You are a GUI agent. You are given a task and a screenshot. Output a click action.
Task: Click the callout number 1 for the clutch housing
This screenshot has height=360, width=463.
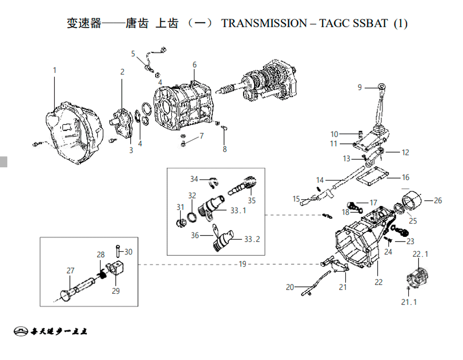[x=54, y=70]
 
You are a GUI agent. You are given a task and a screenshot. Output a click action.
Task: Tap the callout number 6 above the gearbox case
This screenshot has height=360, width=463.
[x=194, y=65]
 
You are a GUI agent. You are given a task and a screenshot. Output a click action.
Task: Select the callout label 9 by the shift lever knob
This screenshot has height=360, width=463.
[x=359, y=87]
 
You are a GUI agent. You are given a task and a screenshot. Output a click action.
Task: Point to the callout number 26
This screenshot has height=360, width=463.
[x=438, y=201]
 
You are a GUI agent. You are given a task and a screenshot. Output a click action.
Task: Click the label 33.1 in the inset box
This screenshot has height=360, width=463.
[x=238, y=211]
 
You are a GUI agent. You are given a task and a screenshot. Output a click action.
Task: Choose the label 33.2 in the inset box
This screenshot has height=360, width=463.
[x=252, y=239]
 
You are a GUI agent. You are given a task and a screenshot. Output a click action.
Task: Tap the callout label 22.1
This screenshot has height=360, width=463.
[x=420, y=254]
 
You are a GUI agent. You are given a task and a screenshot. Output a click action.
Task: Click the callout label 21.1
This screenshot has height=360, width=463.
[x=409, y=302]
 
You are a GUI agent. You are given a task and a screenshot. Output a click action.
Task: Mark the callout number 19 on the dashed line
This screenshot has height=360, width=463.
[x=243, y=264]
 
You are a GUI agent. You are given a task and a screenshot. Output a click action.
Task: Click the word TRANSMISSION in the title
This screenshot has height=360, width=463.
[x=264, y=24]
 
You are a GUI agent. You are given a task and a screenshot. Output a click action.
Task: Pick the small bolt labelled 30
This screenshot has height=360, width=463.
[x=118, y=251]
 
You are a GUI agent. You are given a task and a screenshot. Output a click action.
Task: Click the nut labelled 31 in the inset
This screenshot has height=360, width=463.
[x=181, y=223]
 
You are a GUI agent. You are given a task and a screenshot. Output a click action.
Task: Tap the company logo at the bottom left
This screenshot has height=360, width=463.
[x=20, y=332]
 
